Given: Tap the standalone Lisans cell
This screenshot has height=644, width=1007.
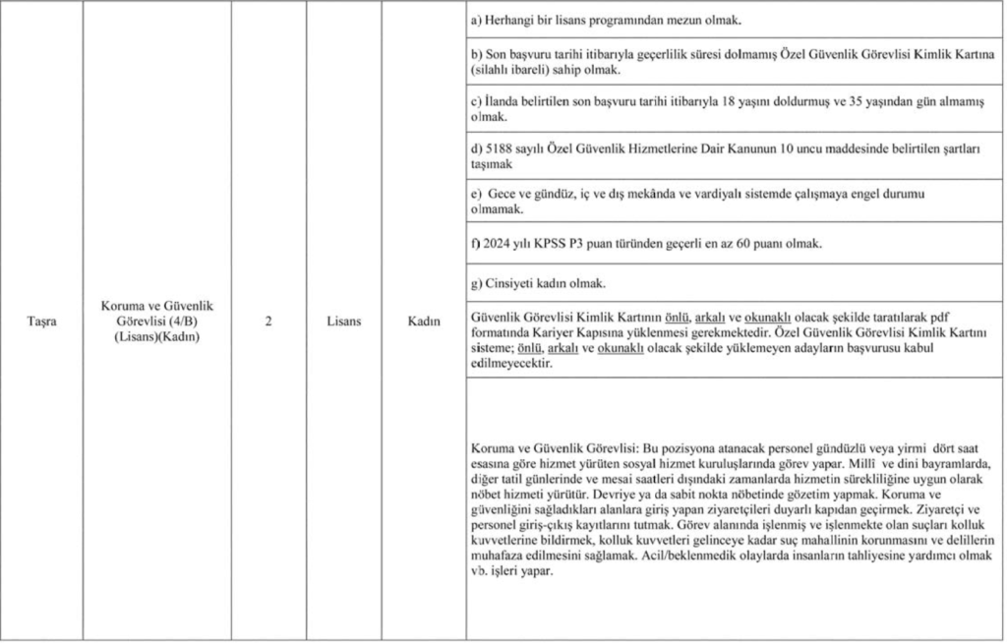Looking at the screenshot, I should click(343, 321).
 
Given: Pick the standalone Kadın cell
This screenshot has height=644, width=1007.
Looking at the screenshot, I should click(424, 321).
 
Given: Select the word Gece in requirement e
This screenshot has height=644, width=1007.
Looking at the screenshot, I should click(504, 195).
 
